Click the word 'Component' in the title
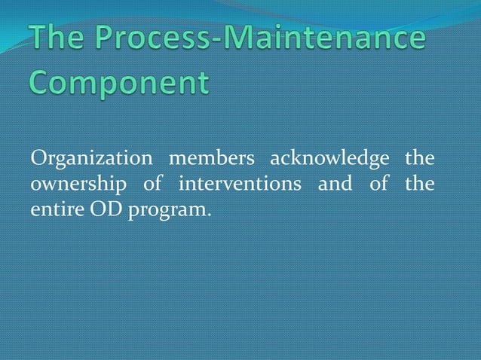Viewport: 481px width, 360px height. pos(119,82)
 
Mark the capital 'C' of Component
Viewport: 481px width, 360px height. pos(43,81)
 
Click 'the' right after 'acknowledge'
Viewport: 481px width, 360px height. pos(420,160)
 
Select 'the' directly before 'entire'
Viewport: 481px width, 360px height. pos(420,184)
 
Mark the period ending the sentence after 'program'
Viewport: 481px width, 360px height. pos(208,212)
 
